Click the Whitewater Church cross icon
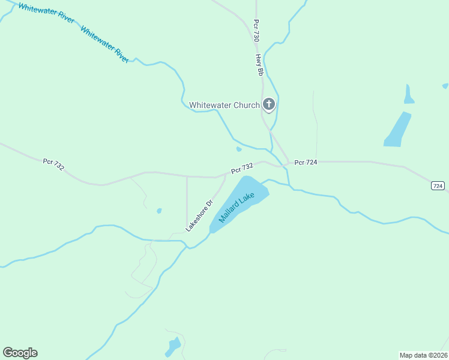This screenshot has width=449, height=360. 269,104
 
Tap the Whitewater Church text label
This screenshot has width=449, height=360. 224,105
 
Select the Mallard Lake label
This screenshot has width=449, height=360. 237,208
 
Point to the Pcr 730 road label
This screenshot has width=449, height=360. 256,30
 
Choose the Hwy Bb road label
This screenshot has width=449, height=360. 260,64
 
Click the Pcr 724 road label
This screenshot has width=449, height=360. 306,163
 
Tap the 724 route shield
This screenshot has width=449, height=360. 438,186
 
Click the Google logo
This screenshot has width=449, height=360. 20,353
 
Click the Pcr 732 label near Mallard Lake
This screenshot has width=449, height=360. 243,169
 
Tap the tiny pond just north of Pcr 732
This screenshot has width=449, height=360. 239,149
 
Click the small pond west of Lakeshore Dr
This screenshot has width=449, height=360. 158,211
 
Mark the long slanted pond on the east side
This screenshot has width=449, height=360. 397,130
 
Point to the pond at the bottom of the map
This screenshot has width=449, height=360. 173,346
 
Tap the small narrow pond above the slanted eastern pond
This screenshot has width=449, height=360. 409,94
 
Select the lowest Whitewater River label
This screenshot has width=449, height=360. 104,45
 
